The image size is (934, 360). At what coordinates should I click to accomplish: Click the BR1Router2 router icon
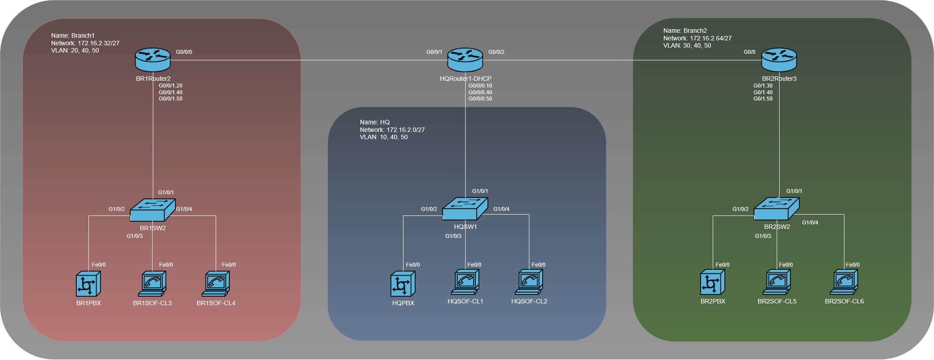153,60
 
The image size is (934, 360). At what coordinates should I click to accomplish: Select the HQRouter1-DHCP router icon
465,60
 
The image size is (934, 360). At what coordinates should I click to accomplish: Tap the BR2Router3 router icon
779,60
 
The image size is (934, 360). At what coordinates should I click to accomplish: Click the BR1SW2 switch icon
152,210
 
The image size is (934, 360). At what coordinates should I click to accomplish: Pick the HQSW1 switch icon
465,209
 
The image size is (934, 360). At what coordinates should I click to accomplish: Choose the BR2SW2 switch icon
776,209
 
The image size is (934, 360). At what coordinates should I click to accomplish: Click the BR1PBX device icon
88,284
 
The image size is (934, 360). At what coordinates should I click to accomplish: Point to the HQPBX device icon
403,284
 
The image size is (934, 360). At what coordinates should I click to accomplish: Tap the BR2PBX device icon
713,282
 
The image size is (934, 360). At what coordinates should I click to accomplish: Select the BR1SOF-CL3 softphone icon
152,284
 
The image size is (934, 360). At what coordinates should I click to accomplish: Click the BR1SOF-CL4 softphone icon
216,284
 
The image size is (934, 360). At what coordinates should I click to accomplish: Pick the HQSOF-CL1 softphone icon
465,282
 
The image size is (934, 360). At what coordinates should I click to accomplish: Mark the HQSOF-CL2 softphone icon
529,282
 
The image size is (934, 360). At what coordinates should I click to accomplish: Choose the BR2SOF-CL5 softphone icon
777,282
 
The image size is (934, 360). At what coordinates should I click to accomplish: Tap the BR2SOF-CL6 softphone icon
844,282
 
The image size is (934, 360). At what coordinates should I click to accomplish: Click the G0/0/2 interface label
496,52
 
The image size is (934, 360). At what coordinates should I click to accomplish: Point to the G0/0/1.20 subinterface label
171,86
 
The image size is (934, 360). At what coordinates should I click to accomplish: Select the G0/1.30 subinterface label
763,86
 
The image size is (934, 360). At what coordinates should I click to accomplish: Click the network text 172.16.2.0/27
405,130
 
